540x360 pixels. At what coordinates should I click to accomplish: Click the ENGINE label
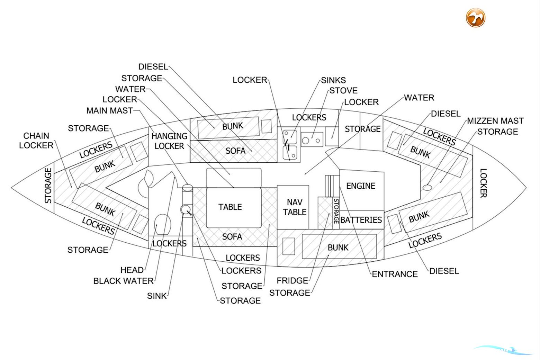tap(361, 186)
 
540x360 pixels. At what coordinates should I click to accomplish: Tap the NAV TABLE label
tap(295, 207)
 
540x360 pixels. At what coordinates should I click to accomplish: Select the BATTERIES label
tap(361, 220)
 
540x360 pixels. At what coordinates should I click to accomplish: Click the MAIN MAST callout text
tap(109, 110)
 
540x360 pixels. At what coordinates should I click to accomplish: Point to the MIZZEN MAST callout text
tap(495, 121)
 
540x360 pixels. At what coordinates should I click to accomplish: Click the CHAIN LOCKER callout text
tap(36, 140)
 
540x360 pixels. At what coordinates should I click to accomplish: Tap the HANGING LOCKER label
tap(169, 141)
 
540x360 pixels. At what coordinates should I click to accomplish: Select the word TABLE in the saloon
tap(230, 207)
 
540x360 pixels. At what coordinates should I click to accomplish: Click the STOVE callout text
tap(343, 90)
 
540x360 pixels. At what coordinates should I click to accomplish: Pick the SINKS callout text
tap(333, 80)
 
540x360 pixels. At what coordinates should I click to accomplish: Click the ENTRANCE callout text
tap(395, 274)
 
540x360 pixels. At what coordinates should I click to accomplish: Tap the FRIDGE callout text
tap(292, 280)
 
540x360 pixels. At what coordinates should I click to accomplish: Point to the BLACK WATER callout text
tap(123, 281)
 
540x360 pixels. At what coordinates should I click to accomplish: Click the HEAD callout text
tap(132, 270)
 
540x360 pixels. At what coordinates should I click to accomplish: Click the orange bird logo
tap(475, 18)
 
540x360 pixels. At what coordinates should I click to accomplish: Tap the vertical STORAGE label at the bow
tap(48, 186)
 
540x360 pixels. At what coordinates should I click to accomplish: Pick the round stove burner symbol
tap(306, 141)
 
